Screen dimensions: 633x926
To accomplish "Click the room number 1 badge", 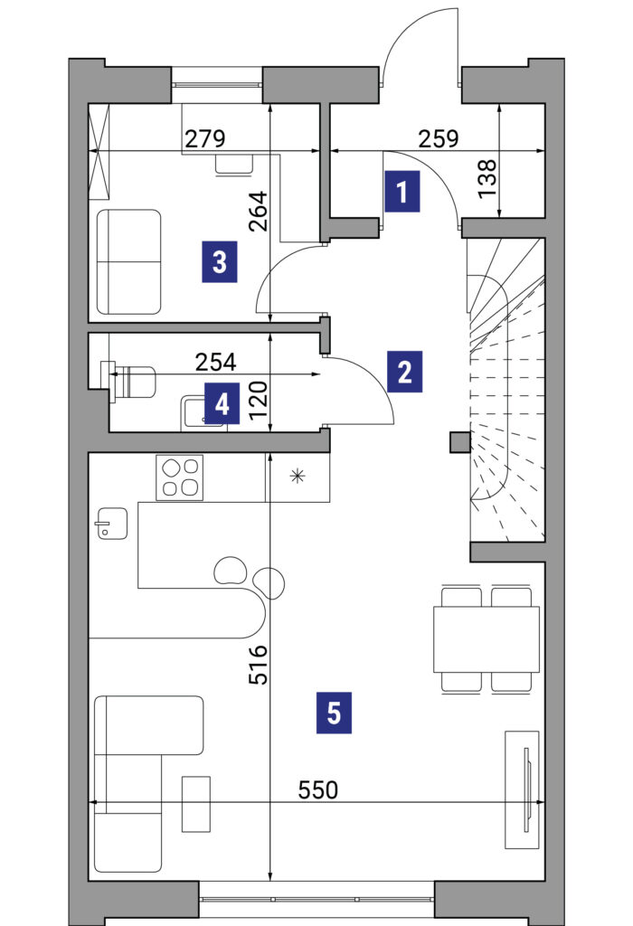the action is click(402, 192).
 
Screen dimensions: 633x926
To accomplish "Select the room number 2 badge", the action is click(404, 372).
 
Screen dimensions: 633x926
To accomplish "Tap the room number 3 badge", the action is click(220, 261).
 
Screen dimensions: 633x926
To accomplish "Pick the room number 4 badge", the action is click(222, 404).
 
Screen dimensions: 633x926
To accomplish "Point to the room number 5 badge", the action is click(334, 713).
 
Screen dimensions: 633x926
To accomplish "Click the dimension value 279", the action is click(205, 138).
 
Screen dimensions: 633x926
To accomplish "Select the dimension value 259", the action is click(439, 138).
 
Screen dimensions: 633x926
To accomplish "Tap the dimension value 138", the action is click(487, 179).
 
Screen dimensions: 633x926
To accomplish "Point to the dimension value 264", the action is click(258, 211).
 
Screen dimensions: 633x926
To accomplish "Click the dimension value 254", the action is click(215, 362).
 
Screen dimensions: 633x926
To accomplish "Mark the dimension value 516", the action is click(258, 665).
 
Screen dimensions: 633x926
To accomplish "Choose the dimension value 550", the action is click(318, 789).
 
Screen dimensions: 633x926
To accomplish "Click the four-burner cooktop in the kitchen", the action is click(180, 477).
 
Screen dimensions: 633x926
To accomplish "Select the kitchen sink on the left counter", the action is click(111, 524).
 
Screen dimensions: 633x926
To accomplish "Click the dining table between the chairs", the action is click(486, 639).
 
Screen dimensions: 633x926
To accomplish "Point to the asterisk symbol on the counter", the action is click(297, 476).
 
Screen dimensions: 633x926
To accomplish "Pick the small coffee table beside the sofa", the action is click(196, 804).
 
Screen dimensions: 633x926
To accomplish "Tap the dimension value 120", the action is click(258, 399).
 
